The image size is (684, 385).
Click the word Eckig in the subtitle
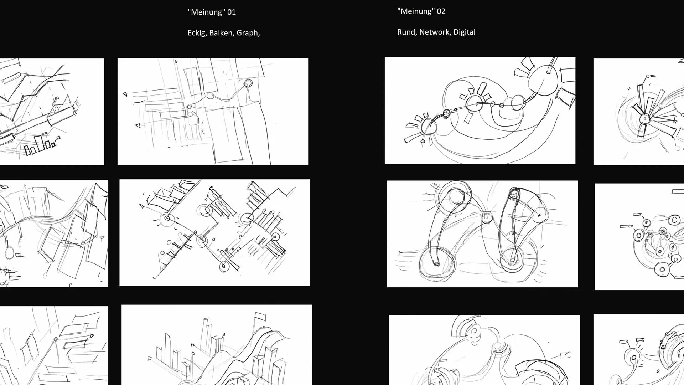pyautogui.click(x=196, y=33)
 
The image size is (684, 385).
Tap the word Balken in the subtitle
pyautogui.click(x=221, y=33)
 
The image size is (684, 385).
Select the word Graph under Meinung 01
pyautogui.click(x=247, y=33)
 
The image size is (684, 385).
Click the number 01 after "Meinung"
pyautogui.click(x=232, y=12)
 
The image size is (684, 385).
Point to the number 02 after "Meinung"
pyautogui.click(x=441, y=11)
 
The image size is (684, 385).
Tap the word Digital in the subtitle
pyautogui.click(x=464, y=32)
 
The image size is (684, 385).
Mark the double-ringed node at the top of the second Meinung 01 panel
pyautogui.click(x=248, y=83)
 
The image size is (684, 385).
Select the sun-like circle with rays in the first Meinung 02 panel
pyautogui.click(x=475, y=103)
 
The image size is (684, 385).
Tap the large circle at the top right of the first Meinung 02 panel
pyautogui.click(x=542, y=79)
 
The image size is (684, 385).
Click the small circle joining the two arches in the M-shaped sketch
pyautogui.click(x=487, y=217)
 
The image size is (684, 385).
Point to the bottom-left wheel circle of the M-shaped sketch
pyautogui.click(x=437, y=263)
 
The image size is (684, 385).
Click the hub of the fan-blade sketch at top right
pyautogui.click(x=645, y=119)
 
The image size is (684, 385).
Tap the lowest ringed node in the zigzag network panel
pyautogui.click(x=224, y=266)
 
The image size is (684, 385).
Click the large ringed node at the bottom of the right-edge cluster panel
pyautogui.click(x=662, y=269)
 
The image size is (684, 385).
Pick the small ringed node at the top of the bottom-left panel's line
pyautogui.click(x=56, y=339)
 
